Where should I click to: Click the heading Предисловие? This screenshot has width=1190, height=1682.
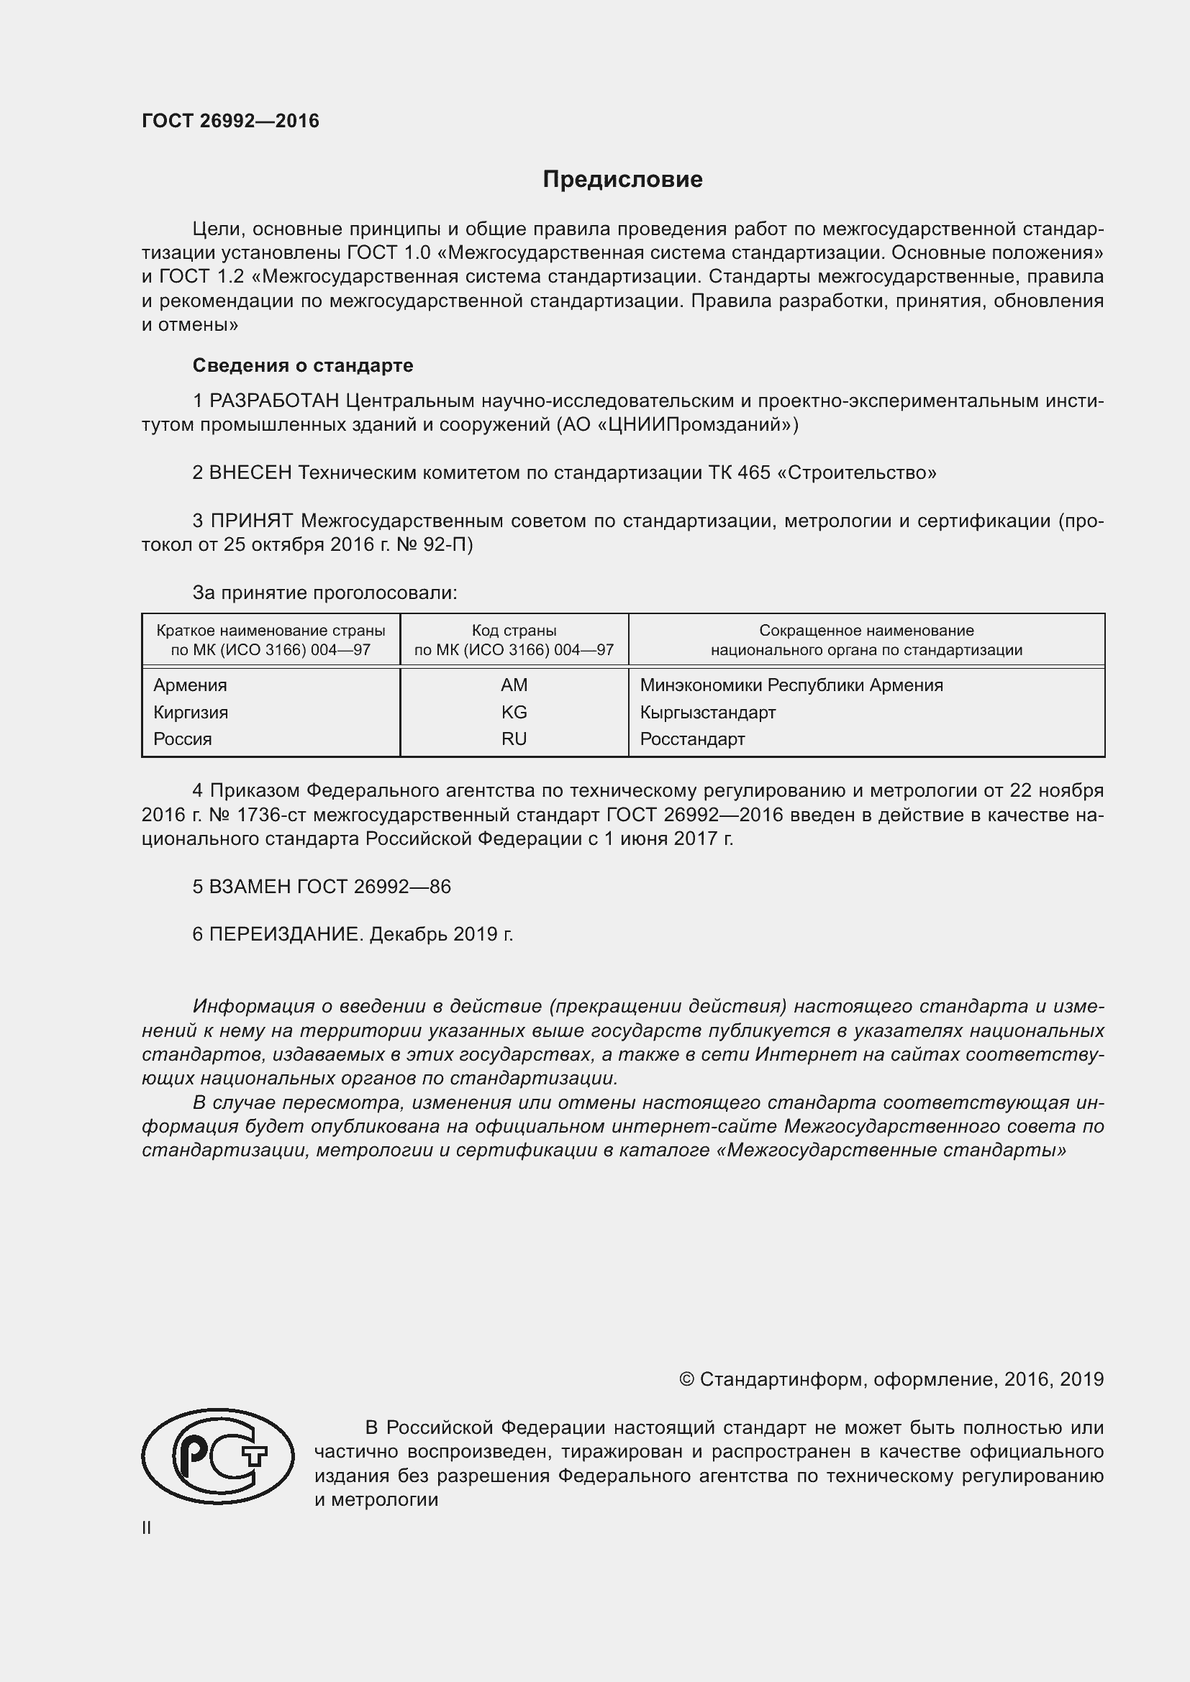tap(622, 180)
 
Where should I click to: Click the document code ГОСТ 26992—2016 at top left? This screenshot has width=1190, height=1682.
tap(230, 121)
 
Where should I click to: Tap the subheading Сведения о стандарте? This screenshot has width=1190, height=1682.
tap(303, 365)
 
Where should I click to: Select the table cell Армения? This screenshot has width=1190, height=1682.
tap(191, 685)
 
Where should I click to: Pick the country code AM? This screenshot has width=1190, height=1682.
tap(514, 685)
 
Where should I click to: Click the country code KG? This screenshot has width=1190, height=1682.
tap(514, 712)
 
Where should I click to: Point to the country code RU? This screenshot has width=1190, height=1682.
tap(514, 739)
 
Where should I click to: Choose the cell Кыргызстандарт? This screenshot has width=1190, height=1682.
tap(707, 712)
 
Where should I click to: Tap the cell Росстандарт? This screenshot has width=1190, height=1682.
tap(691, 739)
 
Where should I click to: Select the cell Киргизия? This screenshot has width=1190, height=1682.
tap(191, 712)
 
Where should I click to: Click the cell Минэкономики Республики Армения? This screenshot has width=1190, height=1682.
tap(791, 685)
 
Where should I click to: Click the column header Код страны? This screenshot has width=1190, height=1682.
tap(514, 631)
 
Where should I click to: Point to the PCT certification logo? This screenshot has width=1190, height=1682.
tap(217, 1455)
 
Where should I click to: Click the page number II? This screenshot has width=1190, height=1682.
tap(147, 1528)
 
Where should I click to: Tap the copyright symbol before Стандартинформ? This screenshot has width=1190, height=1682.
tap(686, 1379)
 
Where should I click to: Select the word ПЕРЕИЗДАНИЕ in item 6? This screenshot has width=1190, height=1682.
tap(286, 935)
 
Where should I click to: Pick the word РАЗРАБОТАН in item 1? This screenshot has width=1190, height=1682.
tap(274, 401)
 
